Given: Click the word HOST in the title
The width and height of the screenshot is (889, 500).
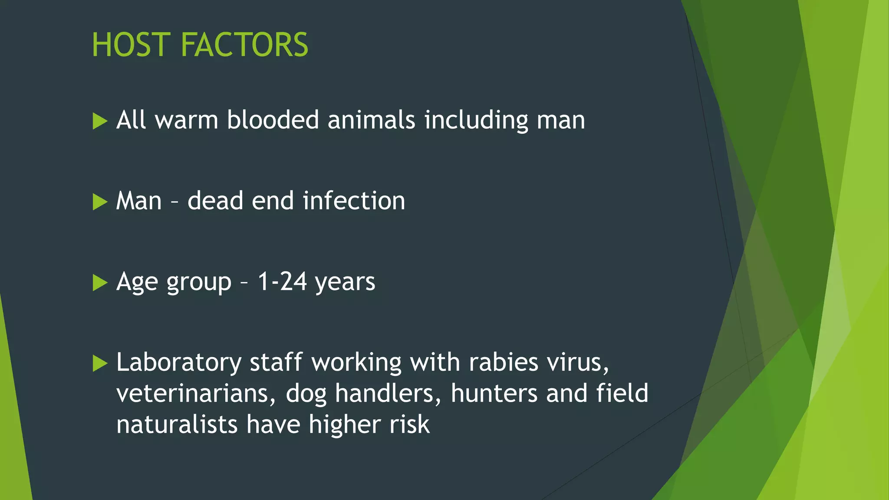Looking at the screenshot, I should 130,45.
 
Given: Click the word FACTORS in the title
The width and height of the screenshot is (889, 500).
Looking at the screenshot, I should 244,45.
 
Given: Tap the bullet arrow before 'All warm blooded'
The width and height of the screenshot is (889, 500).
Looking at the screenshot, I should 100,121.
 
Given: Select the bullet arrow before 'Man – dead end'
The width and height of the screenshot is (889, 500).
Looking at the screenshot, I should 100,202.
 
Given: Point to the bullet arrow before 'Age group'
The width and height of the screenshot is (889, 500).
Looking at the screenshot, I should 100,283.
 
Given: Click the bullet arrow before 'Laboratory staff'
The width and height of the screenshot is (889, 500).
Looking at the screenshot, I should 100,364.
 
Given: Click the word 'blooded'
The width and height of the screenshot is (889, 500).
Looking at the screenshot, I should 273,120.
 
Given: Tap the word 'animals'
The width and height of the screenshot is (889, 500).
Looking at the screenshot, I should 372,120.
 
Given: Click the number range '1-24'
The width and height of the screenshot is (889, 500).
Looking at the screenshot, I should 282,282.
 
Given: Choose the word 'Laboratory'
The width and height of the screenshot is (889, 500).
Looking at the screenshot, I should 179,363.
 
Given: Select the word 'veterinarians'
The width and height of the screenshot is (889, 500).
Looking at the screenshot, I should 196,394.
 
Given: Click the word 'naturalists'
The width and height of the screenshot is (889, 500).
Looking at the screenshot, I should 177,424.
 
